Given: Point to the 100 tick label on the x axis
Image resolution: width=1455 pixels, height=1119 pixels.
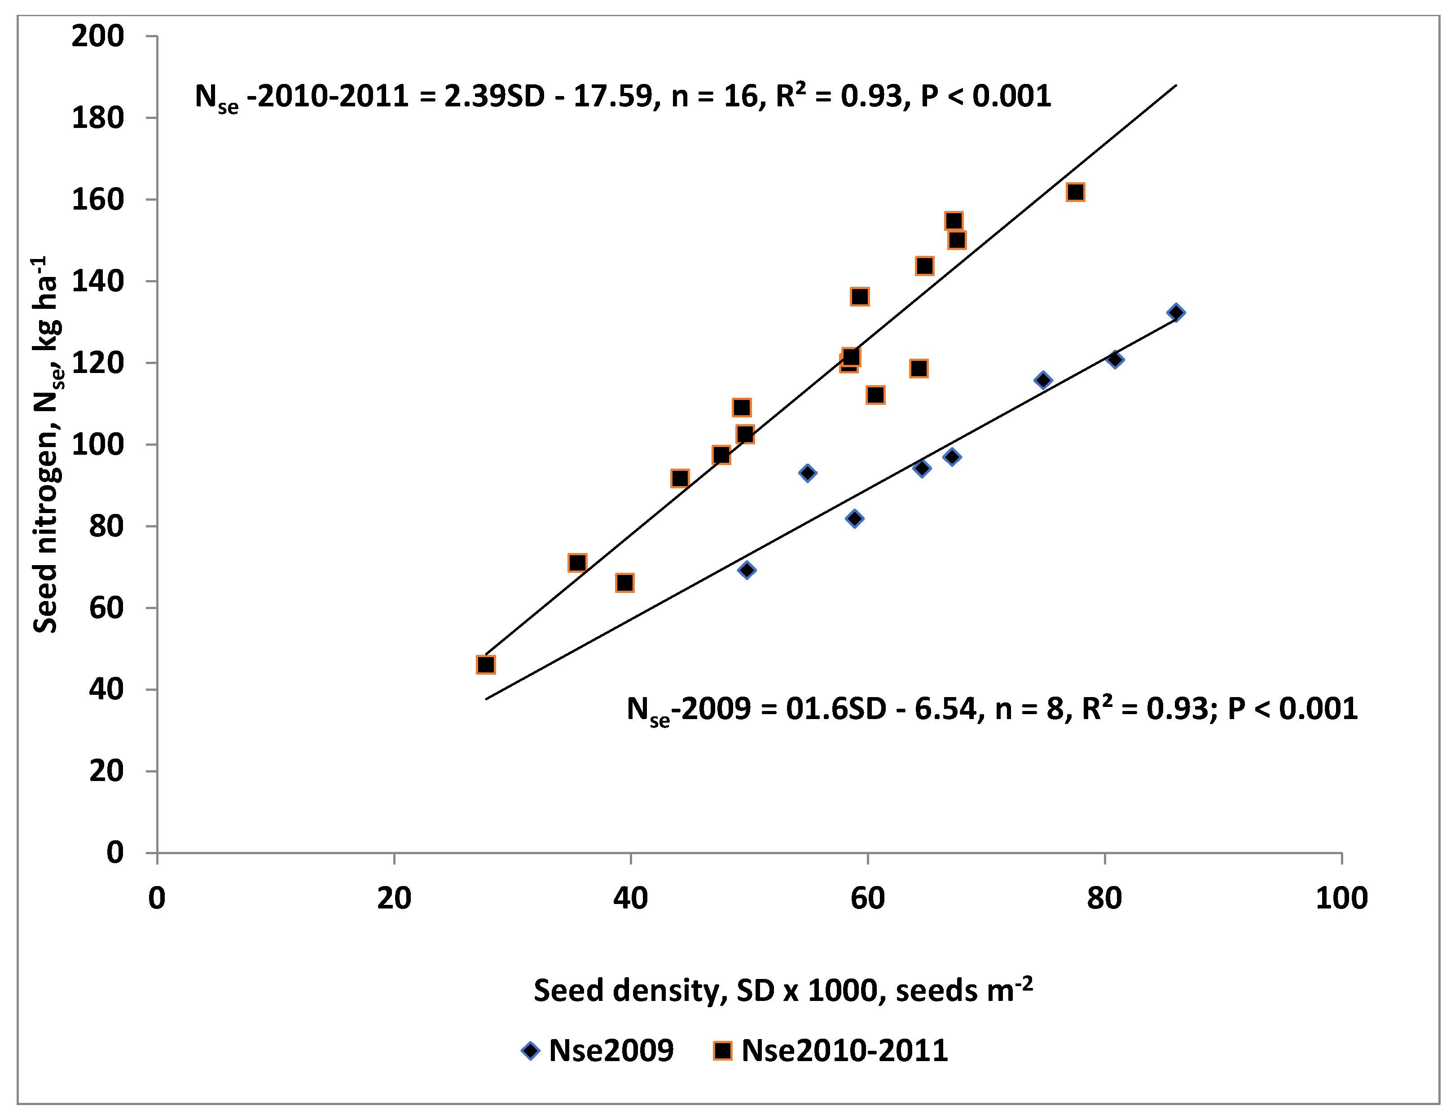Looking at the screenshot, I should (1341, 899).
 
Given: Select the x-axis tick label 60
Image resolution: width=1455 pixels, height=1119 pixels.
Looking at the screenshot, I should (867, 899).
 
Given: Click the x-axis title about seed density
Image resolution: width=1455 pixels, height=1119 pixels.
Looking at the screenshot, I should (783, 991).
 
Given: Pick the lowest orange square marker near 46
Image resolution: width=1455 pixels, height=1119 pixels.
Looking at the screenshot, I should (486, 665).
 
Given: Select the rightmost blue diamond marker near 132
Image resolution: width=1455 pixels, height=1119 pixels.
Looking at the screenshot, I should (1176, 312).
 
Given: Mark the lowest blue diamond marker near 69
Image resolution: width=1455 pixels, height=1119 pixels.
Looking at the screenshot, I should (747, 570).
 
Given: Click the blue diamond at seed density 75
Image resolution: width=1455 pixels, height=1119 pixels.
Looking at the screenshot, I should (1043, 380).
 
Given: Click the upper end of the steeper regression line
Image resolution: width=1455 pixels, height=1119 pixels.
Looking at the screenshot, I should (1175, 86).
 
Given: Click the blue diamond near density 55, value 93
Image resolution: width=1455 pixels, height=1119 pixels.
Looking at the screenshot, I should (808, 473).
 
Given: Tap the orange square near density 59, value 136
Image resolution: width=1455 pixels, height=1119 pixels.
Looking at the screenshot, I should (859, 296).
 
